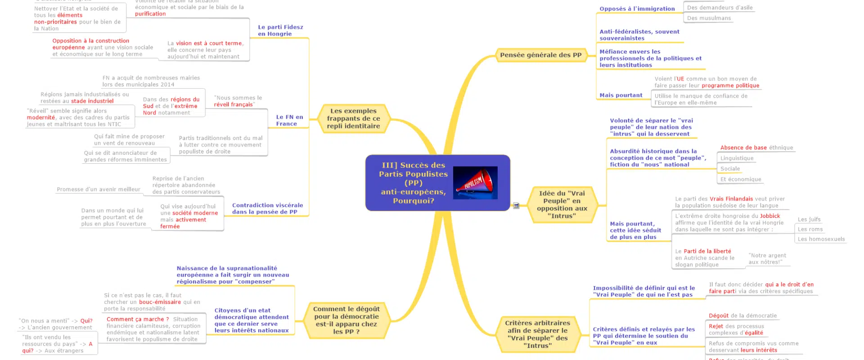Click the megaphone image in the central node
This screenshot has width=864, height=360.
click(x=475, y=183)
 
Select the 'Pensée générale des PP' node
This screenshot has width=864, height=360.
click(x=540, y=55)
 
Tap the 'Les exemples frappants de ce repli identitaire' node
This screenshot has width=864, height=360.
click(x=353, y=118)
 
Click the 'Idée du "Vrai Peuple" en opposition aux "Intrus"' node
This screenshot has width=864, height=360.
click(x=562, y=205)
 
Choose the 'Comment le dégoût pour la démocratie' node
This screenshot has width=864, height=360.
click(x=346, y=320)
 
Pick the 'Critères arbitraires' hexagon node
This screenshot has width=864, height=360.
click(x=537, y=334)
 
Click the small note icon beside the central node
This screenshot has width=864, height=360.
click(x=516, y=206)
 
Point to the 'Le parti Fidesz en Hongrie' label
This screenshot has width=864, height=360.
click(x=280, y=31)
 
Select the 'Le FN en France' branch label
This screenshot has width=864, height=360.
click(x=289, y=120)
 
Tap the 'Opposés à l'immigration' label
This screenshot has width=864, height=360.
click(x=637, y=9)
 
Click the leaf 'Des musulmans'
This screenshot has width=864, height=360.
click(x=709, y=18)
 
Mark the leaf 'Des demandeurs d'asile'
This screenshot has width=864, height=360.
click(x=720, y=8)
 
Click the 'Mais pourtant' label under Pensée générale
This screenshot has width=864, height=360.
click(x=621, y=95)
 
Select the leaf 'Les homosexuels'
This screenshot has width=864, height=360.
click(x=821, y=239)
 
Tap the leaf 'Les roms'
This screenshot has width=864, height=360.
click(x=810, y=229)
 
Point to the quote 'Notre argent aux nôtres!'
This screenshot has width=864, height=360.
click(x=767, y=259)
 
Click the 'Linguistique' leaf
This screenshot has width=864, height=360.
click(x=737, y=158)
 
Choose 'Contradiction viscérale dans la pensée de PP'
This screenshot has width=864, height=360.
click(x=267, y=209)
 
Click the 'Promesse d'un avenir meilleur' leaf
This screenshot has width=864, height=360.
click(x=99, y=189)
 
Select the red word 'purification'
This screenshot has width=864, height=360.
click(x=150, y=14)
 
